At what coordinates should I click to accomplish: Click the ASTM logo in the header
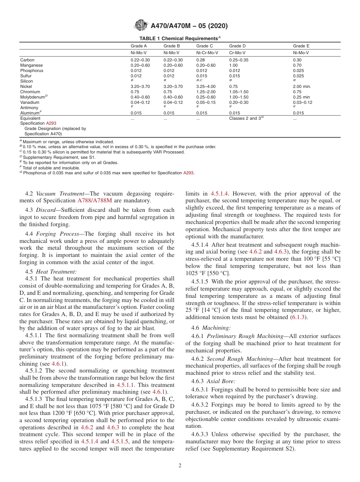[x=141, y=26]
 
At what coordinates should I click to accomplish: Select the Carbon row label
[x=27, y=60]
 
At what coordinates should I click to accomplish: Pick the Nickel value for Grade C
[x=206, y=86]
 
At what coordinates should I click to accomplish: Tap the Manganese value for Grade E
[x=297, y=65]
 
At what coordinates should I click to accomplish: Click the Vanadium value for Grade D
[x=239, y=102]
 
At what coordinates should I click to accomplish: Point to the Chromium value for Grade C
[x=206, y=92]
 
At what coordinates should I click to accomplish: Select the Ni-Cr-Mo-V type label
[x=207, y=53]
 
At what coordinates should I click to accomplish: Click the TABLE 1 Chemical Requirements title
[x=180, y=38]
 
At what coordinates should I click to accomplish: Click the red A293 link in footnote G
[x=188, y=173]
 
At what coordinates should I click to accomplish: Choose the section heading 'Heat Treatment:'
[x=56, y=272]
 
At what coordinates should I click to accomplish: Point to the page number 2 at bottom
[x=180, y=466]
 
